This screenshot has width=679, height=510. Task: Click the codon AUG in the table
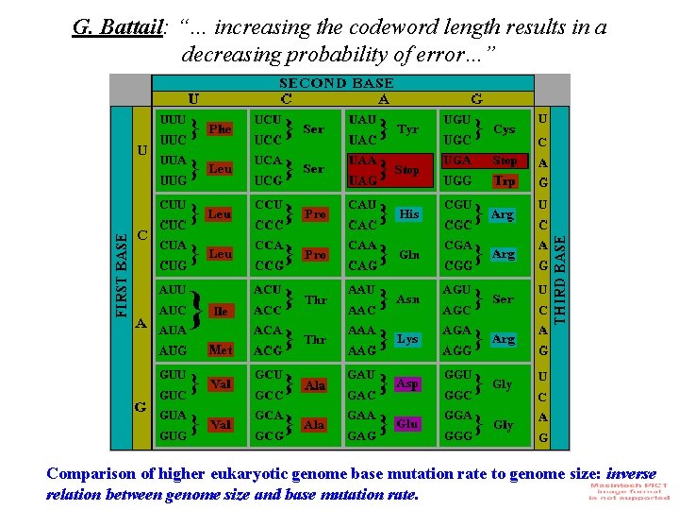point(174,350)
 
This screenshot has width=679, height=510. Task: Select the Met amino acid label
point(220,349)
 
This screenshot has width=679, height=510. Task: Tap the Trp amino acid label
point(505,180)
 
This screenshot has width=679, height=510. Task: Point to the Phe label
point(220,128)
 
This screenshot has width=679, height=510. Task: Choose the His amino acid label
point(408,214)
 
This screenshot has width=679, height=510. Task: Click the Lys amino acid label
point(407,338)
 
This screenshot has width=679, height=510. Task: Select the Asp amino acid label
point(407,383)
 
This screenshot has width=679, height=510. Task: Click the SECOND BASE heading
point(336,83)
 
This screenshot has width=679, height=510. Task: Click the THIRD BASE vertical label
point(558,269)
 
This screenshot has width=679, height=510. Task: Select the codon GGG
point(457,437)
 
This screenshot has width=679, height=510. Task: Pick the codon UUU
point(173,121)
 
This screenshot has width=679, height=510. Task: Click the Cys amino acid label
point(505,129)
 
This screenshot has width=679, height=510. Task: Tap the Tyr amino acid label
point(408,128)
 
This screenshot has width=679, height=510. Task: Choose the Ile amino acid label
point(220,311)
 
